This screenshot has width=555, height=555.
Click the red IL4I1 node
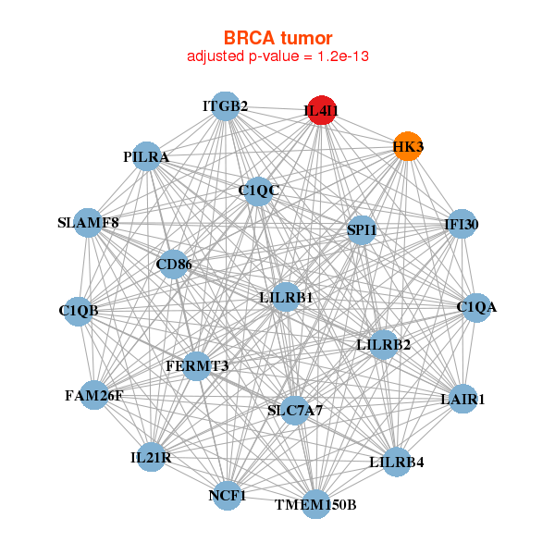321,110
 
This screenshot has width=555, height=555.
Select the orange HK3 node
408,146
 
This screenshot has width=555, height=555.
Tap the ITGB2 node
225,105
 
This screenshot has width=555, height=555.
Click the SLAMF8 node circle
89,223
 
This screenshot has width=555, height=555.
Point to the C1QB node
80,310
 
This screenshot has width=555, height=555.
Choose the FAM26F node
94,395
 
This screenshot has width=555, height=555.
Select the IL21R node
151,457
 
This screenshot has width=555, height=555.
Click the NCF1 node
228,495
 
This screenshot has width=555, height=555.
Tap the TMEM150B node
315,503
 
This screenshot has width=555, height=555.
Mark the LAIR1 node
462,399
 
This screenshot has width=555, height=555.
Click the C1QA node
475,307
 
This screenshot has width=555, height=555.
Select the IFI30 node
461,224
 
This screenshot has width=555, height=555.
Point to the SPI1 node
362,229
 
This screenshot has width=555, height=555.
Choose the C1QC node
258,191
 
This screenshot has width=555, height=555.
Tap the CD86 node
174,265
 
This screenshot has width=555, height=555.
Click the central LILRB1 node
286,298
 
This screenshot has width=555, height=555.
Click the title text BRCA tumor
277,38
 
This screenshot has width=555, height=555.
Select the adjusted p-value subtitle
277,56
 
